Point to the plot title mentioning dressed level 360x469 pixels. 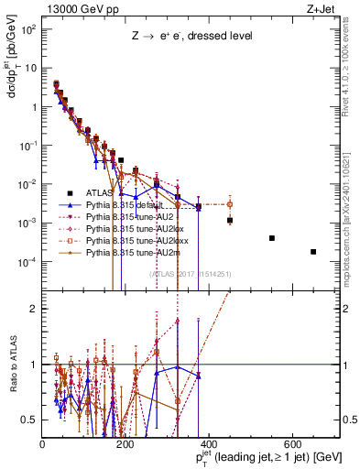191,36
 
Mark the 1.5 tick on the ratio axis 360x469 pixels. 33,309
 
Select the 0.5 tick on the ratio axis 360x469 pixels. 33,420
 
